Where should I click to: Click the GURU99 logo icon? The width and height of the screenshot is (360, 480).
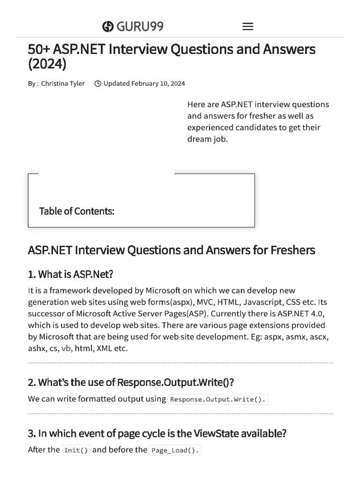(108, 27)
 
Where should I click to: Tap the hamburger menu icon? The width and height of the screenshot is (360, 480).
(248, 27)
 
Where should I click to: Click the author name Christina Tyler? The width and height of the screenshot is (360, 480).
(63, 83)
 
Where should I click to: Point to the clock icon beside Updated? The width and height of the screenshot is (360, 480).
(97, 84)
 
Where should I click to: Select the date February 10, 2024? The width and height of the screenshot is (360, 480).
(158, 83)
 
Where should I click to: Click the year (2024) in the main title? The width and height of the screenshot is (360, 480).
(47, 64)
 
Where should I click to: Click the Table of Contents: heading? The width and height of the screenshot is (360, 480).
(77, 211)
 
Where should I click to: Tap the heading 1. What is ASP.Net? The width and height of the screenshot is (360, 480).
(71, 274)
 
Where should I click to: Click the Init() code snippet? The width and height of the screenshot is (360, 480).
(76, 450)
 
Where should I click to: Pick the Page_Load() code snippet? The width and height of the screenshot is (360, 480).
(175, 450)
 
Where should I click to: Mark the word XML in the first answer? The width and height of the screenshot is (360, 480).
(105, 348)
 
